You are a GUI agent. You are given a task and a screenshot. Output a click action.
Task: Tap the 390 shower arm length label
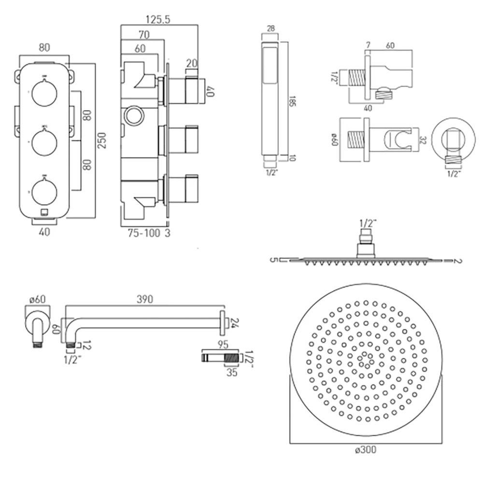tap(144, 299)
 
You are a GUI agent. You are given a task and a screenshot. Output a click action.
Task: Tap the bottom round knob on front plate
tap(44, 191)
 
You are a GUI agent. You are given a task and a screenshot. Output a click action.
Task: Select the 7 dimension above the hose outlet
tap(369, 45)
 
